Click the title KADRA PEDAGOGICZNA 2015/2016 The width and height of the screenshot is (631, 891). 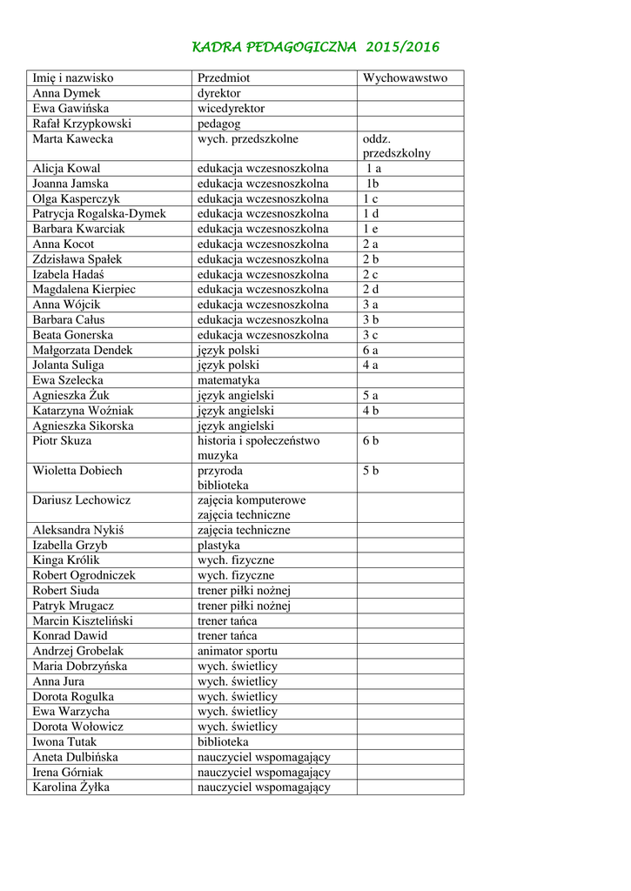(x=315, y=46)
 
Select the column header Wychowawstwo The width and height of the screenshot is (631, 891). (x=405, y=78)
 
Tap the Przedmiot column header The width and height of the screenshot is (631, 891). (x=224, y=78)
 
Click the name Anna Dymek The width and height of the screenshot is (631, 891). (x=66, y=93)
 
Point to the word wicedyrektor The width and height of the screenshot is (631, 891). (x=231, y=109)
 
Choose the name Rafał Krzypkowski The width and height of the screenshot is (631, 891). (x=82, y=124)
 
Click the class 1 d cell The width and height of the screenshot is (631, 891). (x=371, y=213)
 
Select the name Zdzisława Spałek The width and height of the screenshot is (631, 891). (x=77, y=259)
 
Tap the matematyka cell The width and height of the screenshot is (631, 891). (x=228, y=380)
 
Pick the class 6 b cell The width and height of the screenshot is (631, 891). (x=371, y=440)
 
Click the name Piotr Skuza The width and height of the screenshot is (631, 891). (x=62, y=440)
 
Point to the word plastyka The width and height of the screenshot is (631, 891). (x=219, y=546)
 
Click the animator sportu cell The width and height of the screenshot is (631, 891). (x=238, y=651)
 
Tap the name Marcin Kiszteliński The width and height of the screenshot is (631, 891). (x=84, y=620)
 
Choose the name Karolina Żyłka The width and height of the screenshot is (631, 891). (x=71, y=787)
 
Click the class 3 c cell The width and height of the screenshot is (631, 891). (x=371, y=335)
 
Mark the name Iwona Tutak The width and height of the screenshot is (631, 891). (x=65, y=742)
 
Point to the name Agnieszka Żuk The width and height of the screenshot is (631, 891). (x=71, y=395)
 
